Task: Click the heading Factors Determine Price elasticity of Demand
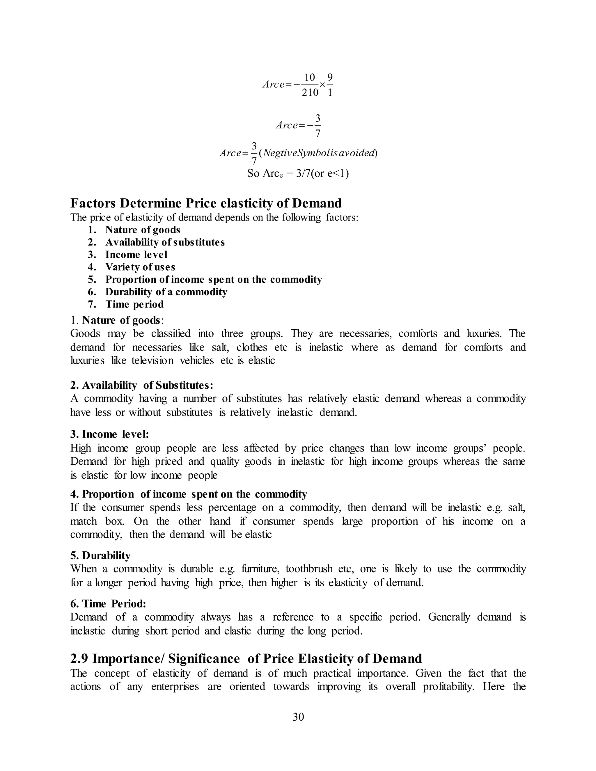pos(206,203)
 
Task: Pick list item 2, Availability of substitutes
pos(165,242)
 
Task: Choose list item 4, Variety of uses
pos(140,267)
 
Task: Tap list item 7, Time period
pos(134,304)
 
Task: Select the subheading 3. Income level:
pos(109,434)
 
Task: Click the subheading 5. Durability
pos(100,555)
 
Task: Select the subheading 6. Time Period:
pos(108,604)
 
